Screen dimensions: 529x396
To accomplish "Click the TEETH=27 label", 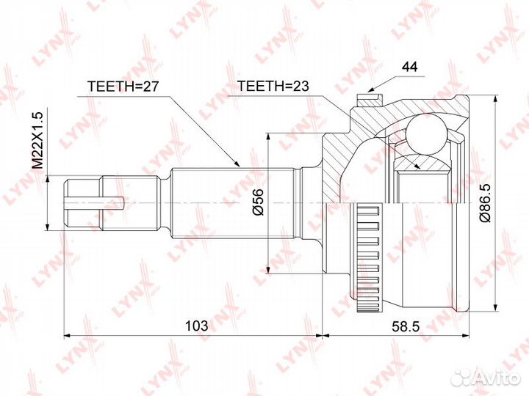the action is coord(123,87).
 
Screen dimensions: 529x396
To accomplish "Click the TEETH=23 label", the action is coord(273,87).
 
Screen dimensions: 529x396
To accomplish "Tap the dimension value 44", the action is coord(409,67).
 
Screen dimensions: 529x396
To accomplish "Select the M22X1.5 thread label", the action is coord(37,141).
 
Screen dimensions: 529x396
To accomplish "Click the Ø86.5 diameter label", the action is coord(485,203).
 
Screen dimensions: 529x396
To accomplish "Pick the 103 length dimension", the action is coord(197,326).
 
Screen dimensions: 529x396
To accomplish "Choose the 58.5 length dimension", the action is coord(405,326).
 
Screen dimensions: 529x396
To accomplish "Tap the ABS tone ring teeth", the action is coord(368,257).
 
